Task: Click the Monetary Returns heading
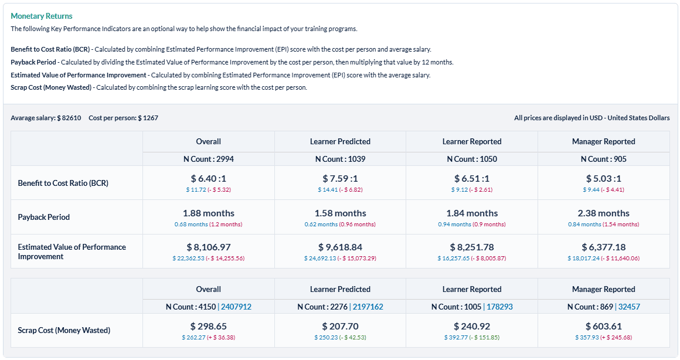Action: (42, 16)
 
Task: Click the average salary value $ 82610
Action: (69, 118)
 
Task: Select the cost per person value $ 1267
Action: (148, 118)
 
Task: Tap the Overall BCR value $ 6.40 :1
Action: (208, 178)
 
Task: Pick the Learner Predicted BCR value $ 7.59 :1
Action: (340, 178)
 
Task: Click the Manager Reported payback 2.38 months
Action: (603, 213)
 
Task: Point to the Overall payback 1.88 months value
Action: (208, 213)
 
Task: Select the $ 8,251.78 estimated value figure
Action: (472, 247)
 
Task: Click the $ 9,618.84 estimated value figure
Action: (340, 247)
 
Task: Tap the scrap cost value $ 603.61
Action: (603, 326)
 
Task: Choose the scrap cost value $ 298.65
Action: (208, 326)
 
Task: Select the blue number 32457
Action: (628, 307)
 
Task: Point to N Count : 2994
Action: (208, 159)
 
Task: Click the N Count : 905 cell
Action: (603, 159)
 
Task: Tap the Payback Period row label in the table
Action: (44, 217)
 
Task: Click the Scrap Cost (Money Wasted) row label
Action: (64, 330)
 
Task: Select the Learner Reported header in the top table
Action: (472, 141)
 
